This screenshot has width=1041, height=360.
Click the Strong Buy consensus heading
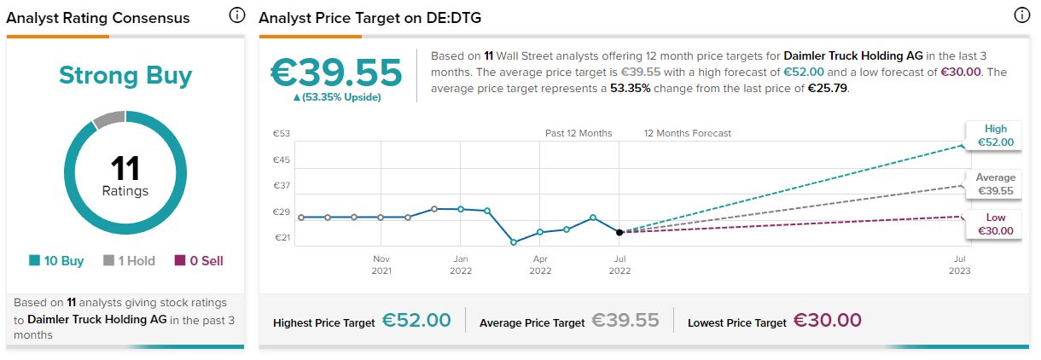pyautogui.click(x=125, y=76)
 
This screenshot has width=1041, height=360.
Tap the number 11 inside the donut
pyautogui.click(x=125, y=168)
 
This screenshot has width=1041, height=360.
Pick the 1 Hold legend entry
pyautogui.click(x=129, y=261)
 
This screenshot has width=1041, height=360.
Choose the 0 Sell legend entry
pyautogui.click(x=198, y=261)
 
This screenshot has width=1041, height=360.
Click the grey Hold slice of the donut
pyautogui.click(x=108, y=120)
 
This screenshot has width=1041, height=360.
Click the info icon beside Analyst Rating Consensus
pyautogui.click(x=237, y=16)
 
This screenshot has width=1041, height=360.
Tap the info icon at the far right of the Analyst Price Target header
pyautogui.click(x=1021, y=16)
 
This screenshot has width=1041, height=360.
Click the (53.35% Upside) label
pyautogui.click(x=336, y=97)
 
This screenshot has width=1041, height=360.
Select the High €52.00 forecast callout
pyautogui.click(x=994, y=136)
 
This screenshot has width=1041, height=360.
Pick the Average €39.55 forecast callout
pyautogui.click(x=994, y=184)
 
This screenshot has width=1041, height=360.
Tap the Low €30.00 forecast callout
pyautogui.click(x=994, y=224)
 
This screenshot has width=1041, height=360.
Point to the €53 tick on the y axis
pyautogui.click(x=282, y=133)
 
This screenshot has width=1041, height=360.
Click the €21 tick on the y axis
pyautogui.click(x=282, y=238)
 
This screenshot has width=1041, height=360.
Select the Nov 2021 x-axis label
pyautogui.click(x=381, y=264)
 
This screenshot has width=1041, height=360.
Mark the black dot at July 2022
pyautogui.click(x=619, y=232)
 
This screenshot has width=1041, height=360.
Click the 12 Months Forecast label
pyautogui.click(x=687, y=133)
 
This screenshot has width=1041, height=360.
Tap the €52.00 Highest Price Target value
pyautogui.click(x=416, y=321)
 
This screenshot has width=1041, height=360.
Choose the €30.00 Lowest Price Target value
pyautogui.click(x=828, y=321)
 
